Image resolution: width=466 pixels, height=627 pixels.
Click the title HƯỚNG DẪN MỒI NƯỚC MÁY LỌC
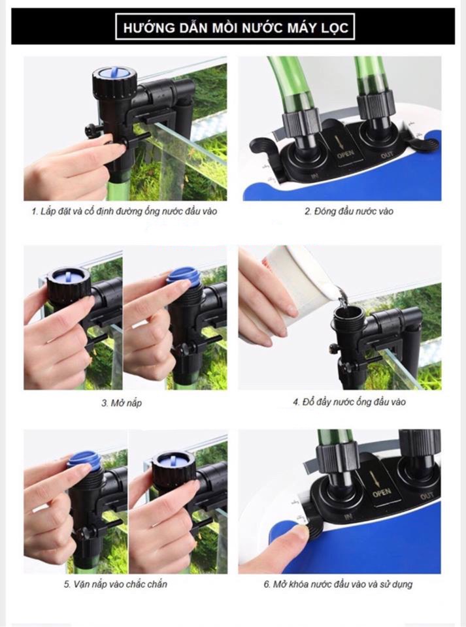[x=235, y=27]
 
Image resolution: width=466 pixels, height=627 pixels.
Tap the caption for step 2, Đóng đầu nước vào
[x=349, y=211]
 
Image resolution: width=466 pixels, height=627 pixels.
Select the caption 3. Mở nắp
[x=122, y=403]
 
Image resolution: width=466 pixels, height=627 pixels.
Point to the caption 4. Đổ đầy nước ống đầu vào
[x=349, y=402]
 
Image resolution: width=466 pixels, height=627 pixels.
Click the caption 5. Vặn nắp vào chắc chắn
[x=116, y=584]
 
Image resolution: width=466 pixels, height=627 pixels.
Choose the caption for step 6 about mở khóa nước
[x=338, y=584]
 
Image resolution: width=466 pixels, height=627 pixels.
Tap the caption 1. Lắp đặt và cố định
[x=124, y=211]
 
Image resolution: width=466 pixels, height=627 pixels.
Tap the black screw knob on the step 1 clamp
[x=91, y=129]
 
